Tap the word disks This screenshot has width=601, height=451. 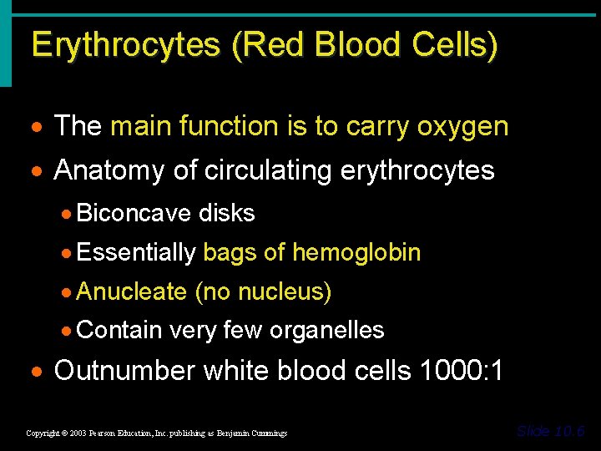click(226, 214)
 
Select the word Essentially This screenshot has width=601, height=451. click(136, 252)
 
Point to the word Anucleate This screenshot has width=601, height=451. click(131, 291)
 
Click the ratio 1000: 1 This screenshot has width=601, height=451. click(462, 370)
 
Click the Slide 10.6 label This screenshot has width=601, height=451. click(551, 431)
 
